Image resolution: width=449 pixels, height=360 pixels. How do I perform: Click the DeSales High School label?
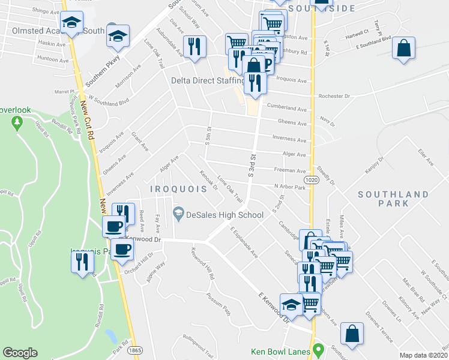[x=224, y=215]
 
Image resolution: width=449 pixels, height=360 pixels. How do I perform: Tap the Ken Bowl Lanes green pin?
[x=321, y=349]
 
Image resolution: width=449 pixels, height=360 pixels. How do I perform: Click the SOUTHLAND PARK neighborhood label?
[x=393, y=199]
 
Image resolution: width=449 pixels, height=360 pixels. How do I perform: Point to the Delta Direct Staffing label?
[x=208, y=80]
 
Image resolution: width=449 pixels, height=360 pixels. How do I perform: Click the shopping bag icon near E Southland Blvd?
[x=405, y=49]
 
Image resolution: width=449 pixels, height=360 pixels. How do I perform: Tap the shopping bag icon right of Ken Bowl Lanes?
[x=352, y=334]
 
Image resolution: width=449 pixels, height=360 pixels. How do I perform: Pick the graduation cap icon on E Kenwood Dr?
[x=292, y=305]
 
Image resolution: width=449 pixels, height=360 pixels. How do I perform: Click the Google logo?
[x=20, y=353]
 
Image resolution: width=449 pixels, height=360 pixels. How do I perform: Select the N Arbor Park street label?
[x=289, y=187]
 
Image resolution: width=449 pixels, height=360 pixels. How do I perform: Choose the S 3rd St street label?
[x=252, y=165]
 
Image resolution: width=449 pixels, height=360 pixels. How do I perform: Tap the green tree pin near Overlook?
[x=17, y=123]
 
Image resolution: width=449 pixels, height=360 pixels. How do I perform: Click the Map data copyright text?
[x=424, y=355]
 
